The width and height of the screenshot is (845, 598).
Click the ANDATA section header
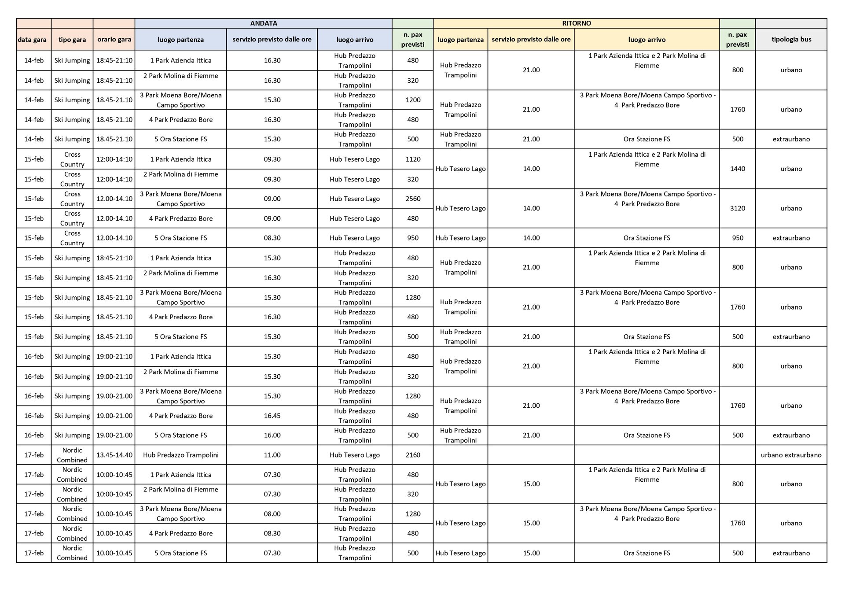click(263, 23)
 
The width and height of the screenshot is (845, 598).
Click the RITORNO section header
click(576, 23)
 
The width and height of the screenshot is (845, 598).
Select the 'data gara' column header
click(32, 40)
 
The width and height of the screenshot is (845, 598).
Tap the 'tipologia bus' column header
click(791, 39)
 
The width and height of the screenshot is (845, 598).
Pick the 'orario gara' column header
click(114, 39)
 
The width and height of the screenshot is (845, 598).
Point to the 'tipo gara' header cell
click(72, 40)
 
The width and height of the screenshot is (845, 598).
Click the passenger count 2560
click(412, 199)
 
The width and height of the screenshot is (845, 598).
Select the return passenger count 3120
click(737, 208)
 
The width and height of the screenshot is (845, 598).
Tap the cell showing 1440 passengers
click(737, 169)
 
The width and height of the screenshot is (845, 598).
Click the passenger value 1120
click(412, 159)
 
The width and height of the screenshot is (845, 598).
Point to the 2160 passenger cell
click(412, 455)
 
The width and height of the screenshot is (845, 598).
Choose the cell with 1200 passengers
click(412, 100)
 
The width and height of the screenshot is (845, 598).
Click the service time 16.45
click(272, 416)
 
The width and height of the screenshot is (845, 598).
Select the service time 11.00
click(272, 455)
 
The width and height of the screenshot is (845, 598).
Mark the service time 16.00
click(272, 435)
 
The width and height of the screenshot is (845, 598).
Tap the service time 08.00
click(272, 514)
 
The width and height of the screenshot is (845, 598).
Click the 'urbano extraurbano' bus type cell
click(791, 455)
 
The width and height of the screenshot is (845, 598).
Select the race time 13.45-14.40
click(114, 455)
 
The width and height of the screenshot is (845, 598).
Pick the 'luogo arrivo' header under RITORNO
click(647, 40)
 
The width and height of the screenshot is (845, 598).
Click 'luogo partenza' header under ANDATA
click(180, 40)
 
